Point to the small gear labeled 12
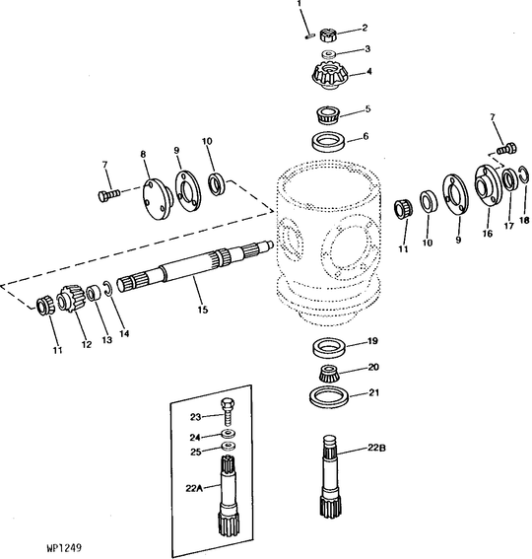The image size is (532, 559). (x=72, y=299)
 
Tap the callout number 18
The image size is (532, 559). (x=524, y=219)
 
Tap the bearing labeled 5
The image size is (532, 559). (x=326, y=113)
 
